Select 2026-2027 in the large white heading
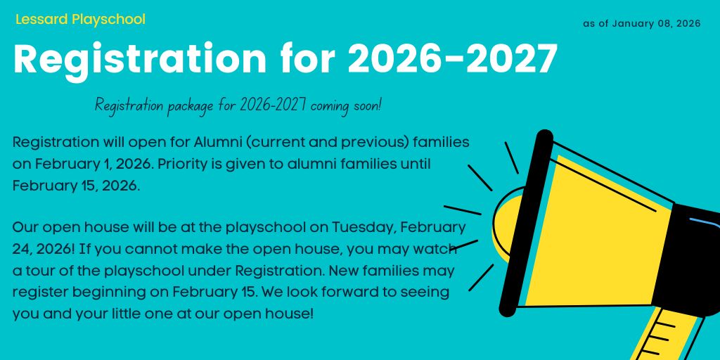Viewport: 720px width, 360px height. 453,59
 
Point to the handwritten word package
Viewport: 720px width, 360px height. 190,107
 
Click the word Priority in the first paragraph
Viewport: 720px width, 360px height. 183,165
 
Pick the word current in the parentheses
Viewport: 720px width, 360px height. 274,142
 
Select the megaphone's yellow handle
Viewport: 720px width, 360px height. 669,335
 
